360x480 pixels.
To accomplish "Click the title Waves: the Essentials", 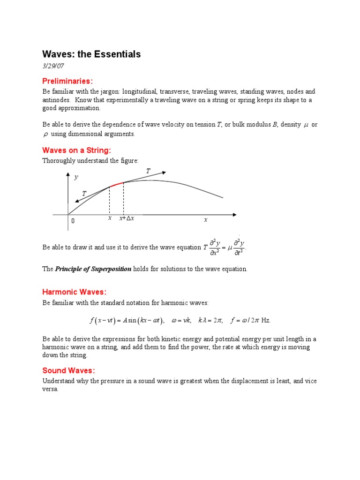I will [91, 54].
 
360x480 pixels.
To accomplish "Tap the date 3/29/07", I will [52, 67].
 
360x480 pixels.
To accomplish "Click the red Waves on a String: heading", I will [77, 150].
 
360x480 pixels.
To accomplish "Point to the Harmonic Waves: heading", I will [75, 292].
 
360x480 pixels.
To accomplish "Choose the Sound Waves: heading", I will [68, 370].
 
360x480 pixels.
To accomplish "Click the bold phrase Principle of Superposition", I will [93, 269].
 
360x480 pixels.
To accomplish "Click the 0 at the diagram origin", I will [73, 221].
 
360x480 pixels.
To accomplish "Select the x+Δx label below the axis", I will [127, 219].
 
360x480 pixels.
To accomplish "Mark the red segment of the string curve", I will [116, 184].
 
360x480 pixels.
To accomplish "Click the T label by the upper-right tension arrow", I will [148, 172].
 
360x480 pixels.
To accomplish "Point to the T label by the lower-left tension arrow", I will [84, 193].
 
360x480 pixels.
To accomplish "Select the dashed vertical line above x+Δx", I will [123, 199].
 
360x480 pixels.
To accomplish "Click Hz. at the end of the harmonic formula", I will [266, 321].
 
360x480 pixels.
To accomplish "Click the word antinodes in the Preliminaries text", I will [55, 100].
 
